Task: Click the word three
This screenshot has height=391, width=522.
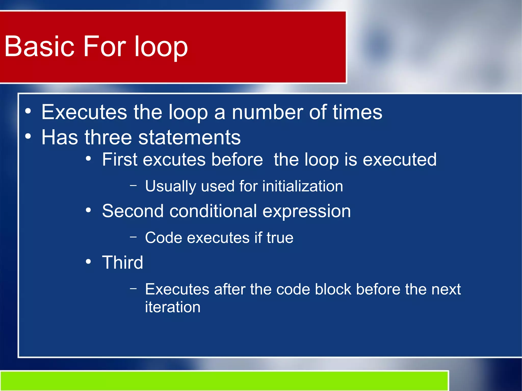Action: (108, 137)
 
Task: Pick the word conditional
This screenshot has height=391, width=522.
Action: (213, 211)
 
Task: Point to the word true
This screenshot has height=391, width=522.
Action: (280, 238)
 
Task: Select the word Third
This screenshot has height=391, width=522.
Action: (123, 262)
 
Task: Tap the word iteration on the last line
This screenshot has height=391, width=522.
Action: (173, 307)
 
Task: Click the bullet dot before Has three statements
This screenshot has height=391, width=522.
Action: (28, 137)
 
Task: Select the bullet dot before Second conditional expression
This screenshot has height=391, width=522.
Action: (88, 210)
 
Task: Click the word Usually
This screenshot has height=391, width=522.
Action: (170, 186)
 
